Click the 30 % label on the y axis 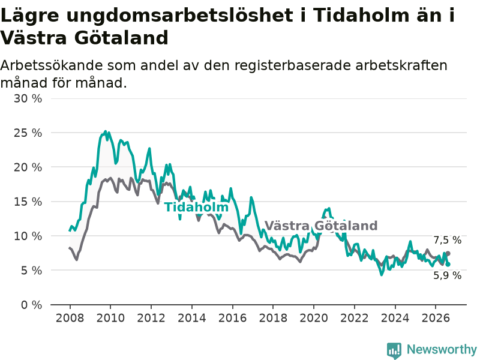[x=28, y=98]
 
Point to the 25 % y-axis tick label [x=28, y=133]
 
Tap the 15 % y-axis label [x=28, y=202]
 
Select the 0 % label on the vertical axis [x=32, y=305]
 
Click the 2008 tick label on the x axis [x=70, y=318]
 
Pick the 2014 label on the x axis [x=191, y=318]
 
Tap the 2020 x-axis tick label [x=313, y=318]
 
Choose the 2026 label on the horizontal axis [x=436, y=318]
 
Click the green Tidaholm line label [x=197, y=207]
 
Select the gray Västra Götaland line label [x=321, y=226]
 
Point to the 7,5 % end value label [x=447, y=241]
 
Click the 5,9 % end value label [x=447, y=275]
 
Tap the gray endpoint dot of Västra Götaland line [x=448, y=253]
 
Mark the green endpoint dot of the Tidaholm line [x=448, y=264]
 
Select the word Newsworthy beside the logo [x=442, y=349]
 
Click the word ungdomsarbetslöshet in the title [x=179, y=15]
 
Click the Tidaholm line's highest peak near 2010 [x=106, y=131]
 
